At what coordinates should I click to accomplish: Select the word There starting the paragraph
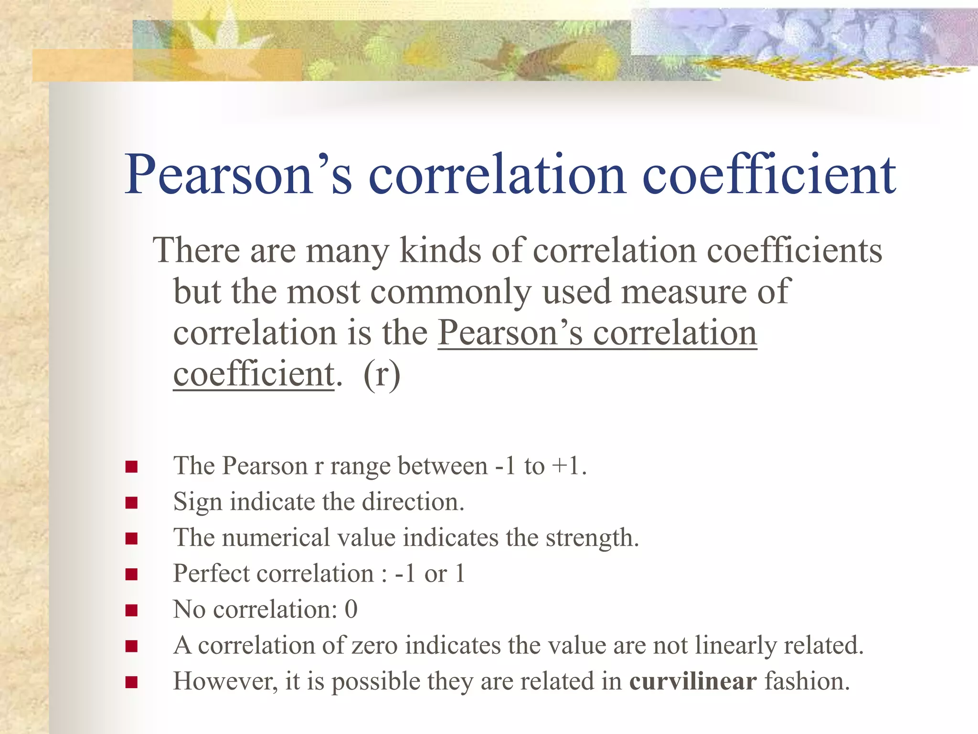(x=196, y=250)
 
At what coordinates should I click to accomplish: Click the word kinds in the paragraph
(x=440, y=250)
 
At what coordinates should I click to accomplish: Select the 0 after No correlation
(x=351, y=610)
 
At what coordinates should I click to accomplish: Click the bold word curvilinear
(x=693, y=681)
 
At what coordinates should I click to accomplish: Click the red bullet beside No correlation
(x=132, y=610)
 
